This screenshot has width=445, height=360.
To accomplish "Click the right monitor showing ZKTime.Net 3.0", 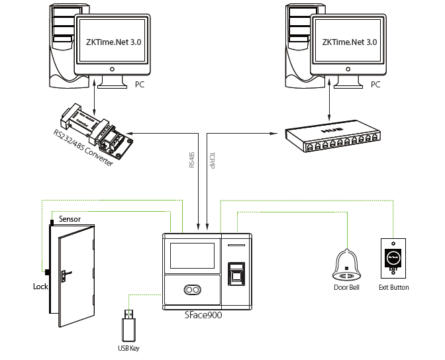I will click(349, 42).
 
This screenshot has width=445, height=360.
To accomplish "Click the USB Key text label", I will click(129, 348).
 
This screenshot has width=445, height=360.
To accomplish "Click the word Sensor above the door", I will click(70, 219).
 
